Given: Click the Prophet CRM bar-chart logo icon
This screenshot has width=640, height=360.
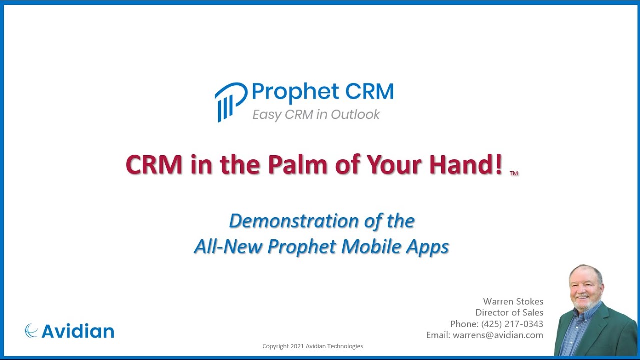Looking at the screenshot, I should click(230, 101).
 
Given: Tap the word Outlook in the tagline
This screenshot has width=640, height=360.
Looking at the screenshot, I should click(356, 115).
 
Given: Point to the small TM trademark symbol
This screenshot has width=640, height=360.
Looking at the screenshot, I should click(514, 173).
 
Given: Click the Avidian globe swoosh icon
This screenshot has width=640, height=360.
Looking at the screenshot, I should click(32, 331).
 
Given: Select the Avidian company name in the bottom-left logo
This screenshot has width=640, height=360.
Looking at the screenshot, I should click(78, 331).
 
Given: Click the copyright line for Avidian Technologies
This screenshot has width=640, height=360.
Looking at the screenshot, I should click(313, 346).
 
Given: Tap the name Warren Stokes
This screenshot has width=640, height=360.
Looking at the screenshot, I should click(513, 301).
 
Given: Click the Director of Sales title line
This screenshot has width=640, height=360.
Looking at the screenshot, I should click(509, 313).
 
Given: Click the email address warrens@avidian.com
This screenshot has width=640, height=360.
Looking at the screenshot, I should click(498, 335).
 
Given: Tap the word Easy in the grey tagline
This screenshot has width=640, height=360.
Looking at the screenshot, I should click(267, 115).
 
